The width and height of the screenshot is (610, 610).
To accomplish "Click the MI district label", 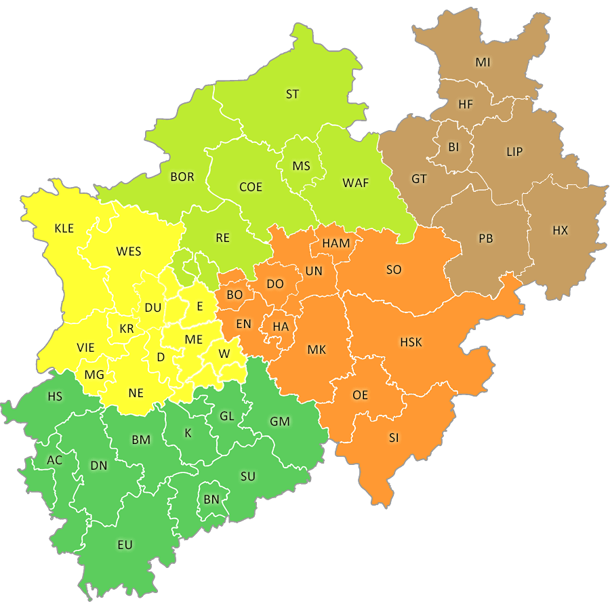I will click(483, 62).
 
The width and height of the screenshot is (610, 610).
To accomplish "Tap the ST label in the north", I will click(292, 94).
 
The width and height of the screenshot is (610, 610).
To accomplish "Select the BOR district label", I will click(182, 177).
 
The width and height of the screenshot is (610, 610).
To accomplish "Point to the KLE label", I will click(64, 228).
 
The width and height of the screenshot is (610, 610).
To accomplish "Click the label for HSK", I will click(411, 342).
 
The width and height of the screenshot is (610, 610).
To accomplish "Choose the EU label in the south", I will click(125, 544).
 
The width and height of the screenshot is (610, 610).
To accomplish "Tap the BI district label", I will click(453, 146).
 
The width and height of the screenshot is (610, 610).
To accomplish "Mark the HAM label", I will click(336, 243).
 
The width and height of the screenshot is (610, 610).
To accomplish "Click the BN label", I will click(211, 500).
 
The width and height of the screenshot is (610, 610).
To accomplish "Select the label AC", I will click(54, 460).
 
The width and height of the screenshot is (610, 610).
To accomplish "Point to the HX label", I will click(560, 230).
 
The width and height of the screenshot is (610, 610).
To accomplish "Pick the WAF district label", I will click(356, 182).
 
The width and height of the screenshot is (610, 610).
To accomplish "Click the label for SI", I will click(394, 438).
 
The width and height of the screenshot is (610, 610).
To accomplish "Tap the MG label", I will click(94, 374).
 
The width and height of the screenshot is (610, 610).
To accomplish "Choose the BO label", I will click(235, 295).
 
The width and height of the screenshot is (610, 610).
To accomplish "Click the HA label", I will click(281, 327).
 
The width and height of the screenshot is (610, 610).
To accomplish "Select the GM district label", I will click(280, 422).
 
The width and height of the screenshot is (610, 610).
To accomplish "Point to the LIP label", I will click(514, 151).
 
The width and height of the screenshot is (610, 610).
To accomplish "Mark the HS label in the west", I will click(54, 396).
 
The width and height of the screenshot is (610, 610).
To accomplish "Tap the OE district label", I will click(361, 395).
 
